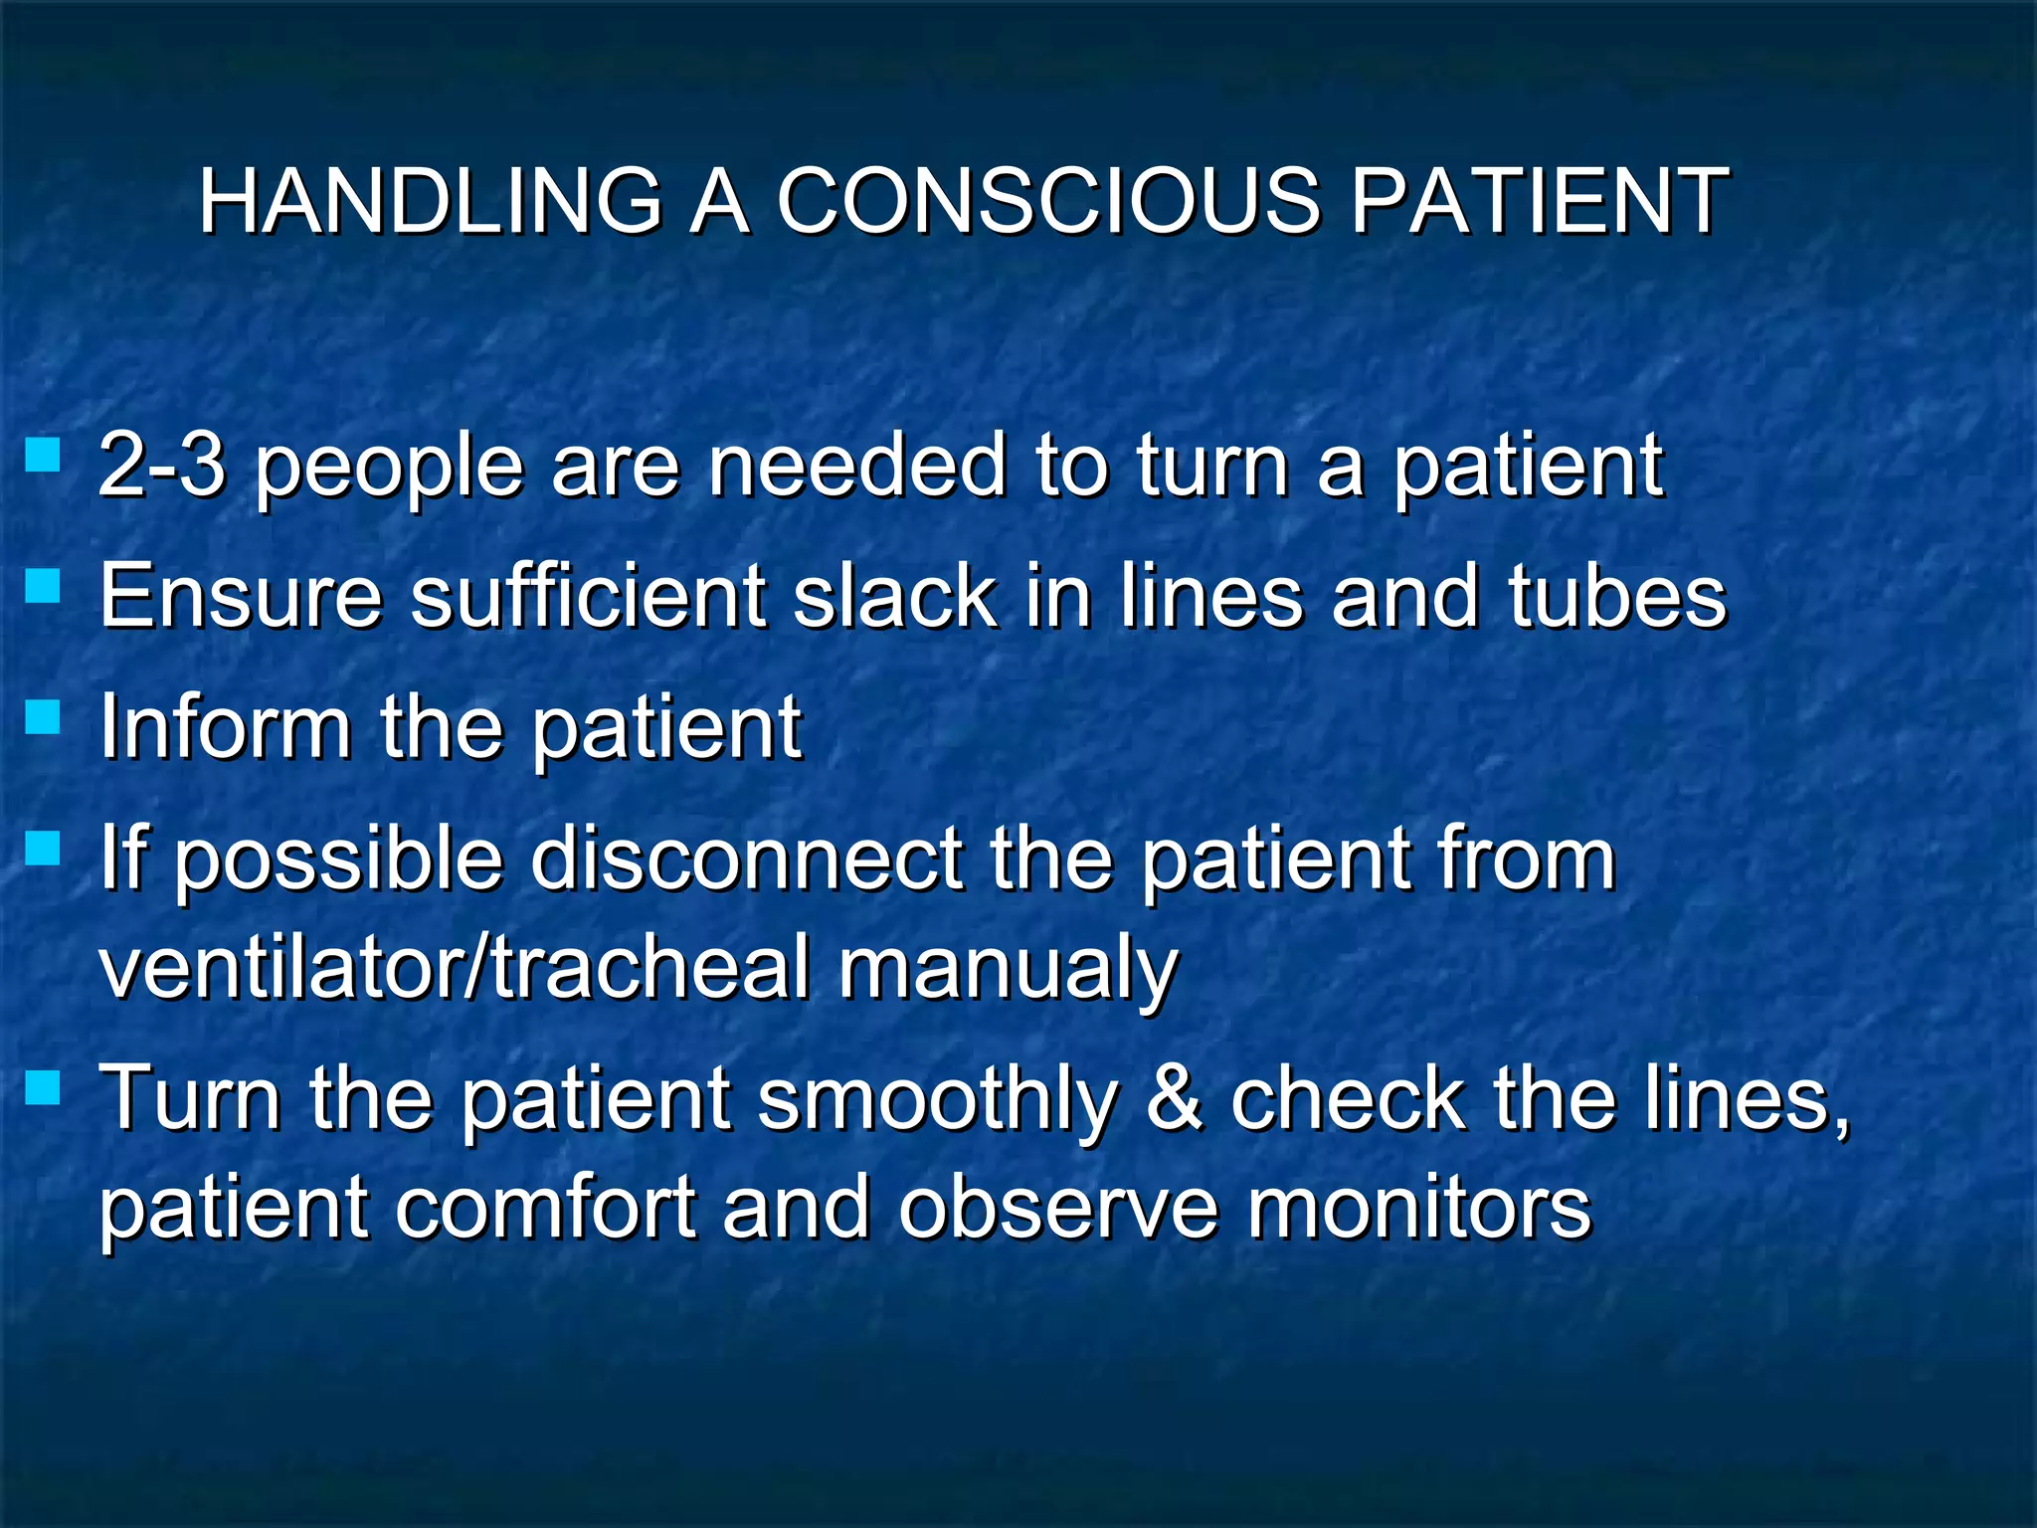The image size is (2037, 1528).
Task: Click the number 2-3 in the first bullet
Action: [x=161, y=465]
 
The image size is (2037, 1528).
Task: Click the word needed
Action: [x=856, y=465]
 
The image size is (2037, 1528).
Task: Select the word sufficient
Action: [x=587, y=596]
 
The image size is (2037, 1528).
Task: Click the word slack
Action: [x=895, y=596]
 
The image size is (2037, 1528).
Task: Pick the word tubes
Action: [x=1617, y=596]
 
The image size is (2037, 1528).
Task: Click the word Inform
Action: [x=226, y=726]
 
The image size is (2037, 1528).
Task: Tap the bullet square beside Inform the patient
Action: [x=43, y=716]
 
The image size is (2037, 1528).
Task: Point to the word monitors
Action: [x=1418, y=1208]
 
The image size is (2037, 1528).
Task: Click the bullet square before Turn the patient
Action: [x=43, y=1087]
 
